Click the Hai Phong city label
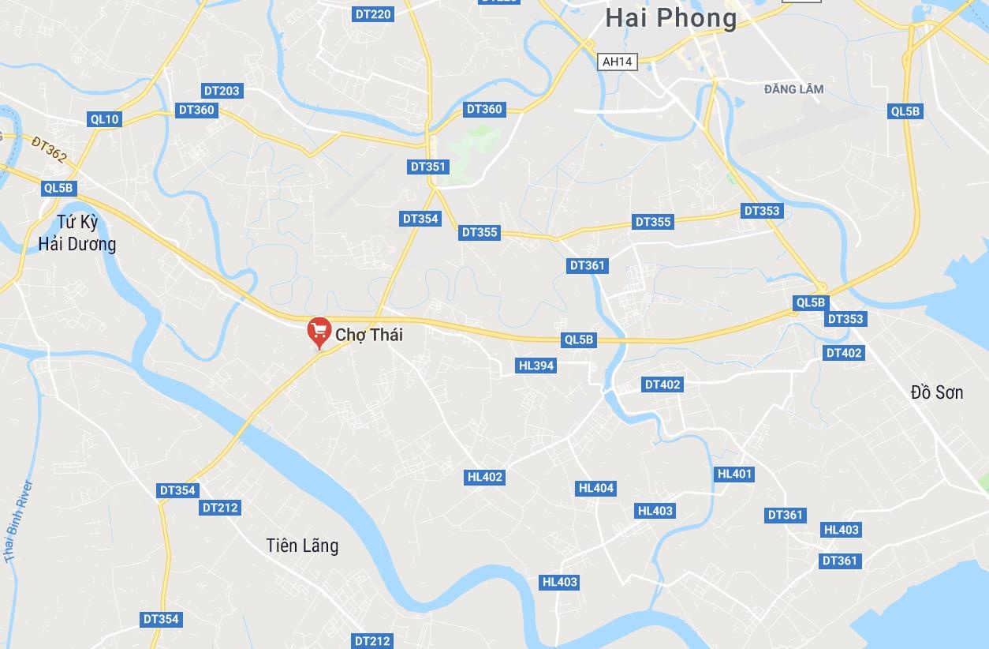[671, 18]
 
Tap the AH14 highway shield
[618, 62]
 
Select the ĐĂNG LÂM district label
[793, 89]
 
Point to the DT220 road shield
[373, 13]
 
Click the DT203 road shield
[221, 91]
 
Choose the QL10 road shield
[105, 119]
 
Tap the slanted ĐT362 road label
[50, 149]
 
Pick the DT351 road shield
[429, 167]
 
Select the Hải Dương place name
[77, 244]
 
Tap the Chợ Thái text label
[369, 335]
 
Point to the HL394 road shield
[536, 366]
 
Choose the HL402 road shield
[485, 477]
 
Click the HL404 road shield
[596, 488]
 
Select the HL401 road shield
[734, 474]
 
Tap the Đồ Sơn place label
[936, 392]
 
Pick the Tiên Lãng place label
[302, 545]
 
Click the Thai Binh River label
[18, 522]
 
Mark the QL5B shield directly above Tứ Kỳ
[59, 188]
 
